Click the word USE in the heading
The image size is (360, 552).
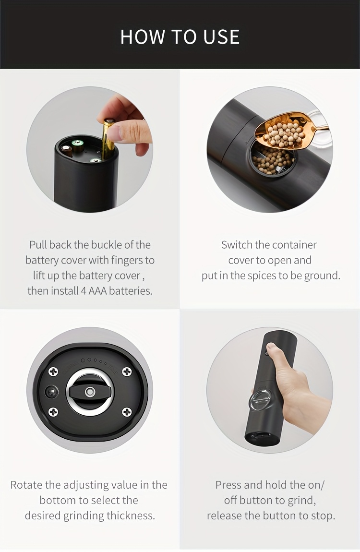[221, 37]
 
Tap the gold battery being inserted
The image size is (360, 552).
[108, 139]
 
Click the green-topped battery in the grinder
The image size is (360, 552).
[77, 144]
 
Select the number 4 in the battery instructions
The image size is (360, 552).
[84, 291]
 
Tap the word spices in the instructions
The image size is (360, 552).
[262, 276]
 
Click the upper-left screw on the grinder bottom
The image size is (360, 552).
[53, 372]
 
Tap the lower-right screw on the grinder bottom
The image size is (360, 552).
[127, 412]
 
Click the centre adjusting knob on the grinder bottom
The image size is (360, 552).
[90, 392]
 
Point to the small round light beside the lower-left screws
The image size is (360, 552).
[51, 392]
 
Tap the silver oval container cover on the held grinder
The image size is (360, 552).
[259, 401]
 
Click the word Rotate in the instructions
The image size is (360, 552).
[26, 485]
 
